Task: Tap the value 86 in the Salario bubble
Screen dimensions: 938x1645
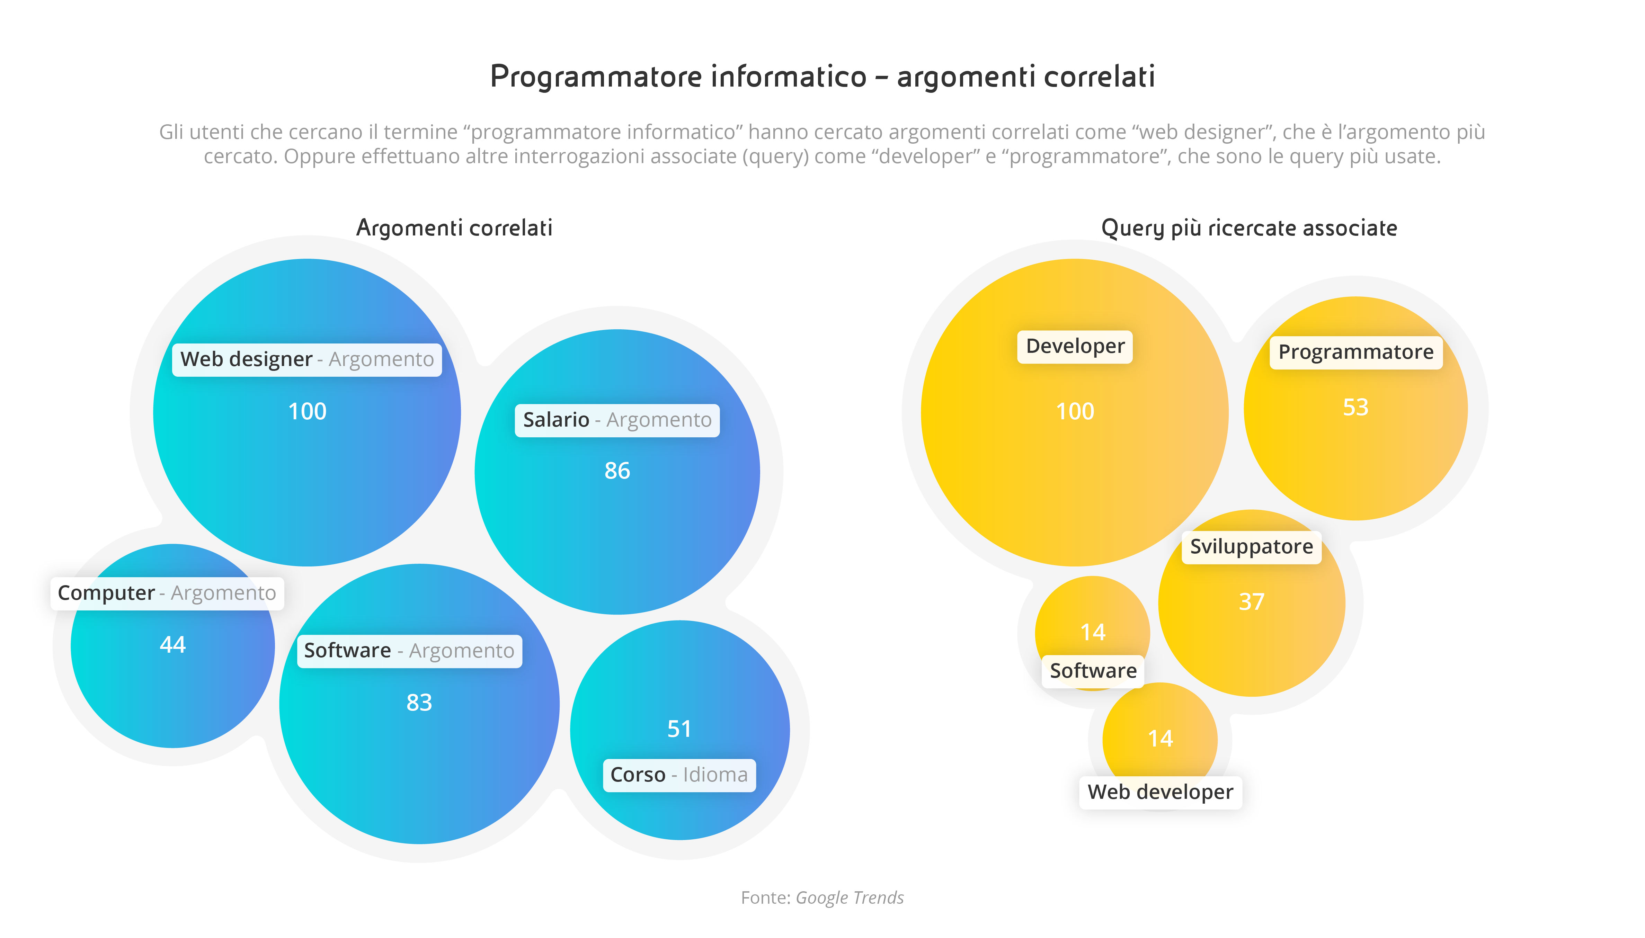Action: pyautogui.click(x=617, y=471)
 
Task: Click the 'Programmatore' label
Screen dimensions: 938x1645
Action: pyautogui.click(x=1356, y=352)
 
